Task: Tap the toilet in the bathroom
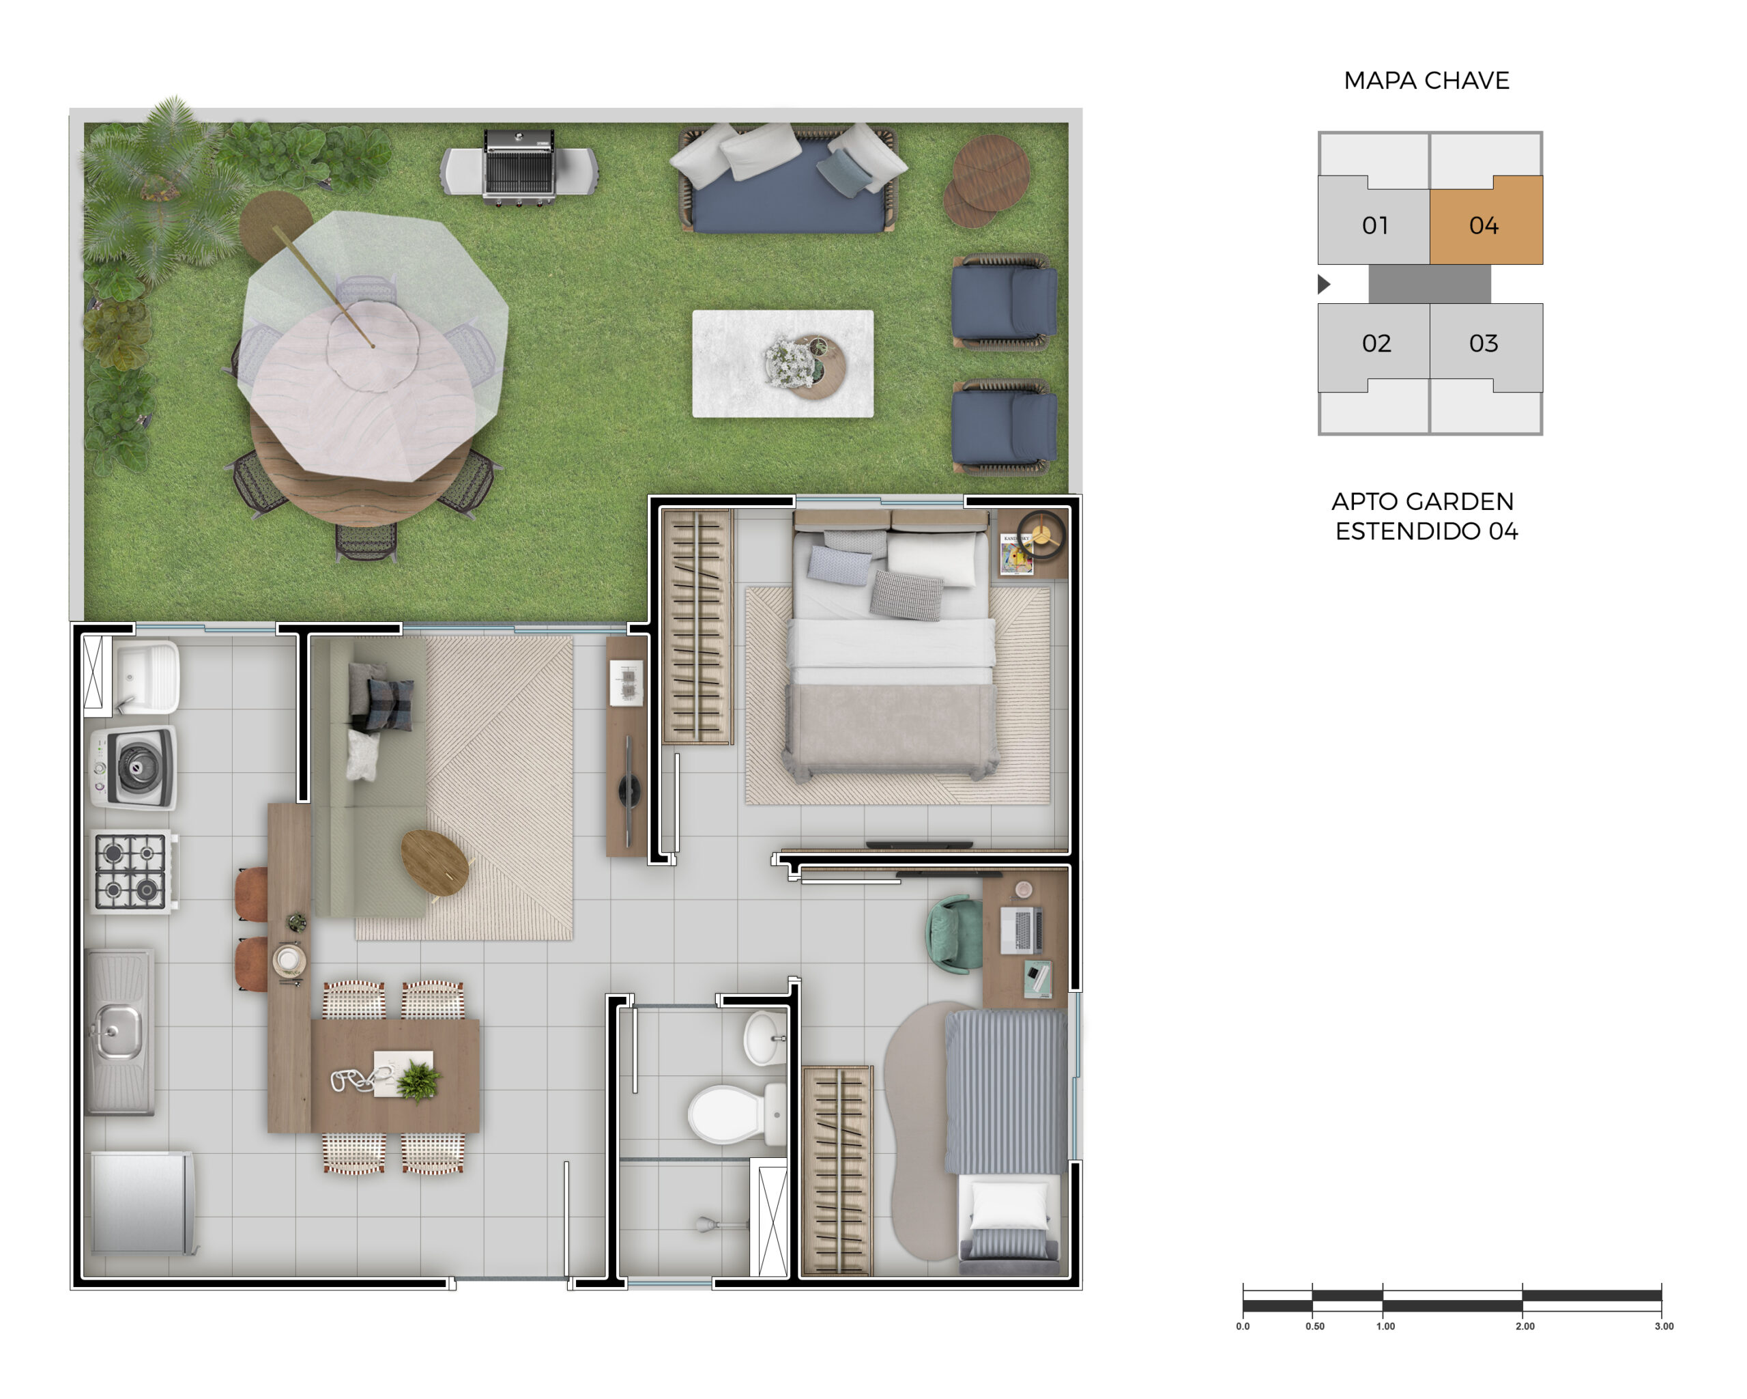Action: tap(736, 1114)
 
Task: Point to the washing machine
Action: tap(132, 767)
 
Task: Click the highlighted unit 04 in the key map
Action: tap(1485, 221)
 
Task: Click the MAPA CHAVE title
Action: tap(1426, 81)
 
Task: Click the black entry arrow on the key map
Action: tap(1324, 283)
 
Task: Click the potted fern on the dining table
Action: tap(419, 1080)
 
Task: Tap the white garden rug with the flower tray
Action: tap(783, 364)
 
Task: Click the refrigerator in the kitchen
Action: tap(143, 1203)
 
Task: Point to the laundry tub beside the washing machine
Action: tap(146, 677)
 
